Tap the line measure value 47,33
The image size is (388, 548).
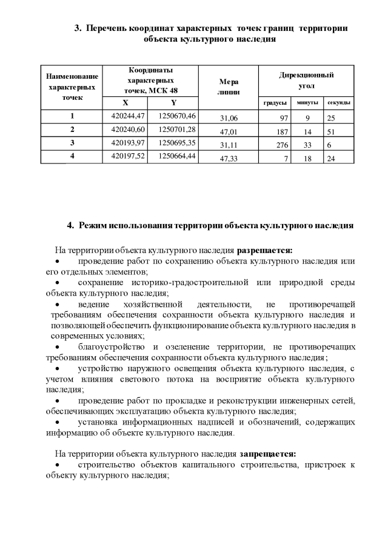[x=229, y=159]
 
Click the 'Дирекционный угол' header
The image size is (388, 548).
[x=306, y=81]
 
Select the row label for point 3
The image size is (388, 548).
[x=72, y=143]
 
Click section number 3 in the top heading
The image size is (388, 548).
[x=77, y=28]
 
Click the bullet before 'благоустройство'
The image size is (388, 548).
[x=58, y=347]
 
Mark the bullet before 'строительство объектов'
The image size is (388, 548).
[x=58, y=464]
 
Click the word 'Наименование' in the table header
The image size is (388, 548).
[x=72, y=77]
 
